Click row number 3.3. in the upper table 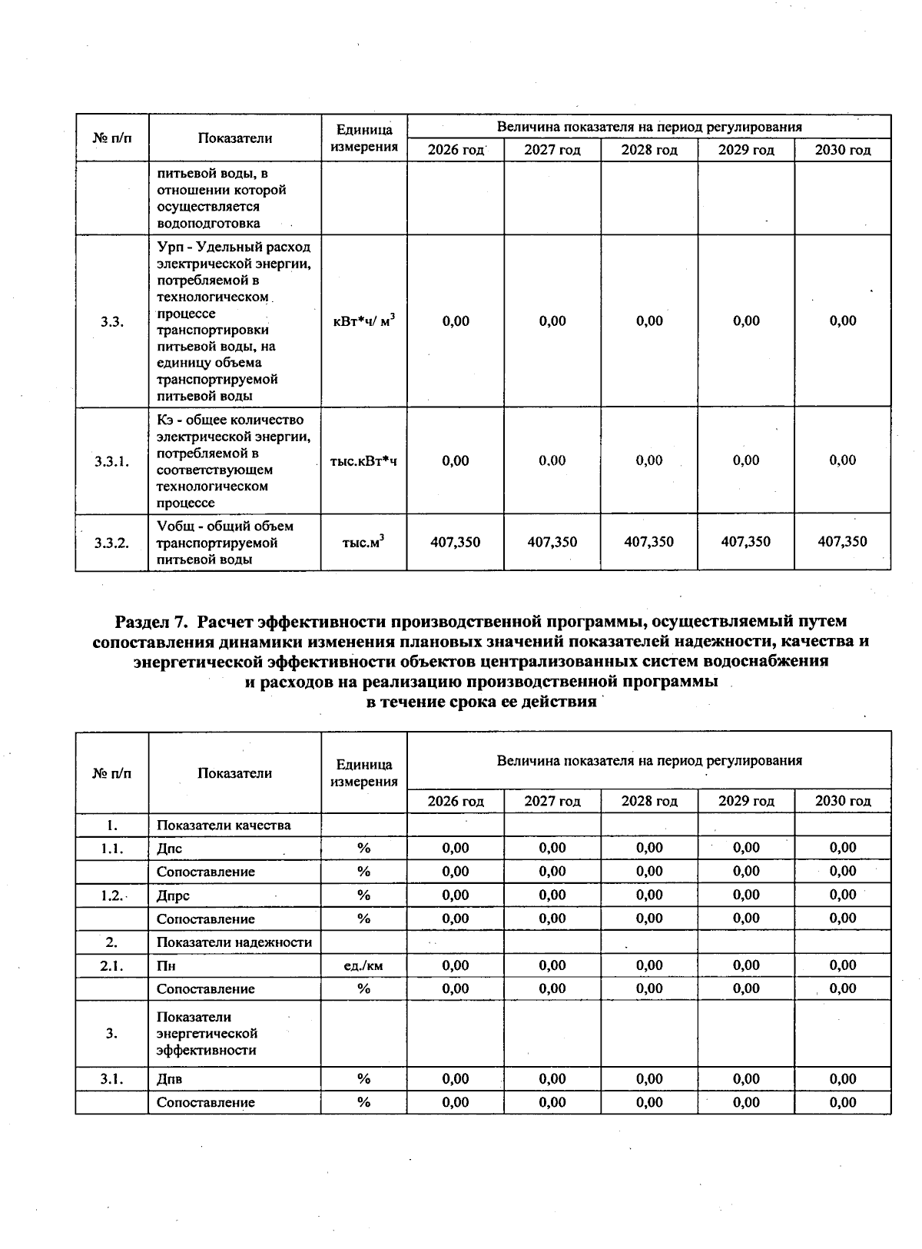click(111, 322)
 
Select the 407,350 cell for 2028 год click(648, 542)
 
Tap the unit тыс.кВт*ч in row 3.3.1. click(363, 461)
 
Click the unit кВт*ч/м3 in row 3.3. click(363, 321)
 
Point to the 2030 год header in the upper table click(842, 150)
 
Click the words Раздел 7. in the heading click(151, 620)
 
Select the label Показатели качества click(224, 825)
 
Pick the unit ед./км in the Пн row click(363, 966)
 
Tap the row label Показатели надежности click(234, 942)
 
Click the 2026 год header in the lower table click(456, 801)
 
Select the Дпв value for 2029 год click(745, 1079)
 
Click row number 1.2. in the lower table click(111, 895)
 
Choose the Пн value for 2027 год click(552, 966)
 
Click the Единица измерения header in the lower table click(363, 772)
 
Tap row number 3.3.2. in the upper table click(111, 543)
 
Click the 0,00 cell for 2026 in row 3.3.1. click(456, 460)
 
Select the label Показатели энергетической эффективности click(207, 1034)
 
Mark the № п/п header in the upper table click(111, 138)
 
